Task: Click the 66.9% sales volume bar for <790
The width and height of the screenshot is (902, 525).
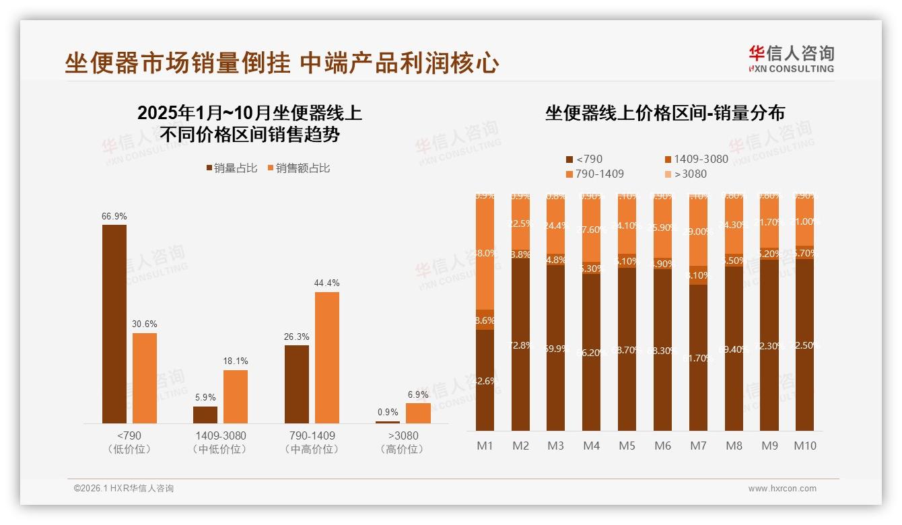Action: point(114,323)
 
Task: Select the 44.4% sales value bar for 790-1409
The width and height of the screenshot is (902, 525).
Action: point(327,357)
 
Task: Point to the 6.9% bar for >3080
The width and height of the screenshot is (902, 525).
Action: point(418,413)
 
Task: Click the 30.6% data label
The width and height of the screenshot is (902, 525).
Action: point(145,324)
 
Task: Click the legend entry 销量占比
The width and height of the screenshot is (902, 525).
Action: point(232,168)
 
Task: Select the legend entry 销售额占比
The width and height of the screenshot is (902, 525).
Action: point(299,168)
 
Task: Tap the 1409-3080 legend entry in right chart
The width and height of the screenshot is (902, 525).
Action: point(696,160)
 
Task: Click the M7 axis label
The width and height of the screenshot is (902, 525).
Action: point(699,446)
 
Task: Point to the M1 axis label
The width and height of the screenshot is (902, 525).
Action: point(485,446)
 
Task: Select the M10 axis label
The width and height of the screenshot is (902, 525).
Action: point(805,446)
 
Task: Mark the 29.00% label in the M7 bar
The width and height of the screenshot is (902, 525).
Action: point(699,232)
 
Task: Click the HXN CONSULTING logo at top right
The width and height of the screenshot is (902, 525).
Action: point(791,59)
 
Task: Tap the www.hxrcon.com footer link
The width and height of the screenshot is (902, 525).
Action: point(782,489)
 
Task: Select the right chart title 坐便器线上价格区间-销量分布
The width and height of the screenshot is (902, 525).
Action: point(665,113)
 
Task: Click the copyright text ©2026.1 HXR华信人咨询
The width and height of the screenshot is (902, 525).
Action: point(124,489)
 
